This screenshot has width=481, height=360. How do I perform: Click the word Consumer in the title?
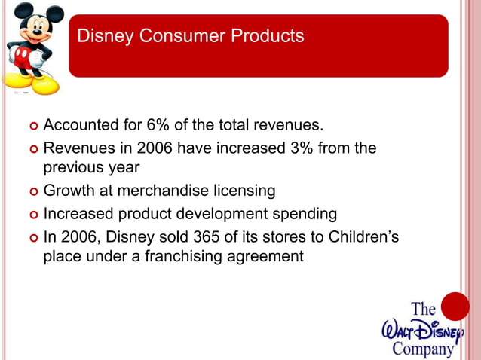click(x=170, y=36)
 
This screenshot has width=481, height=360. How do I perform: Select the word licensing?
click(x=247, y=191)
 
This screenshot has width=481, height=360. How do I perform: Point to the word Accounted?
click(x=79, y=124)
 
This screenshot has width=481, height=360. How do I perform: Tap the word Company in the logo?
click(x=423, y=348)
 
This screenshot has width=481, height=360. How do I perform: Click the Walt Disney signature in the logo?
click(x=421, y=329)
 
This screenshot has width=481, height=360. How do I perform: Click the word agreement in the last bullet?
click(x=264, y=257)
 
